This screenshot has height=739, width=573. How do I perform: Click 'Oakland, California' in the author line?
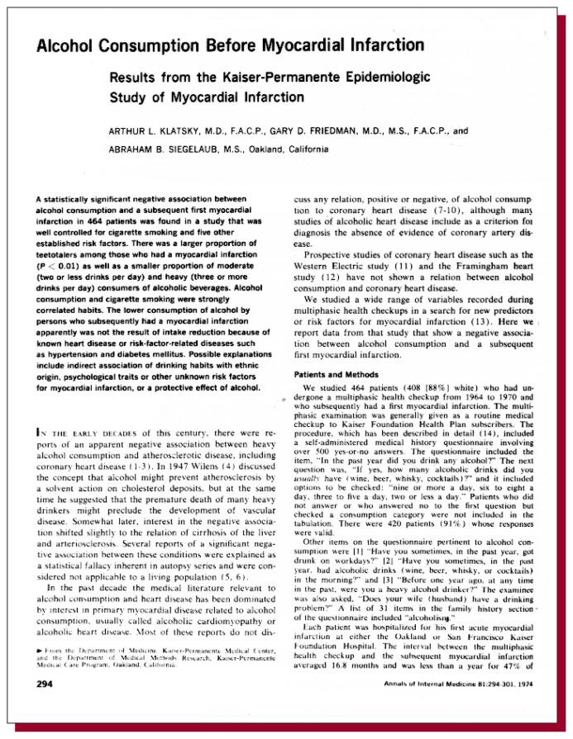(265, 149)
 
